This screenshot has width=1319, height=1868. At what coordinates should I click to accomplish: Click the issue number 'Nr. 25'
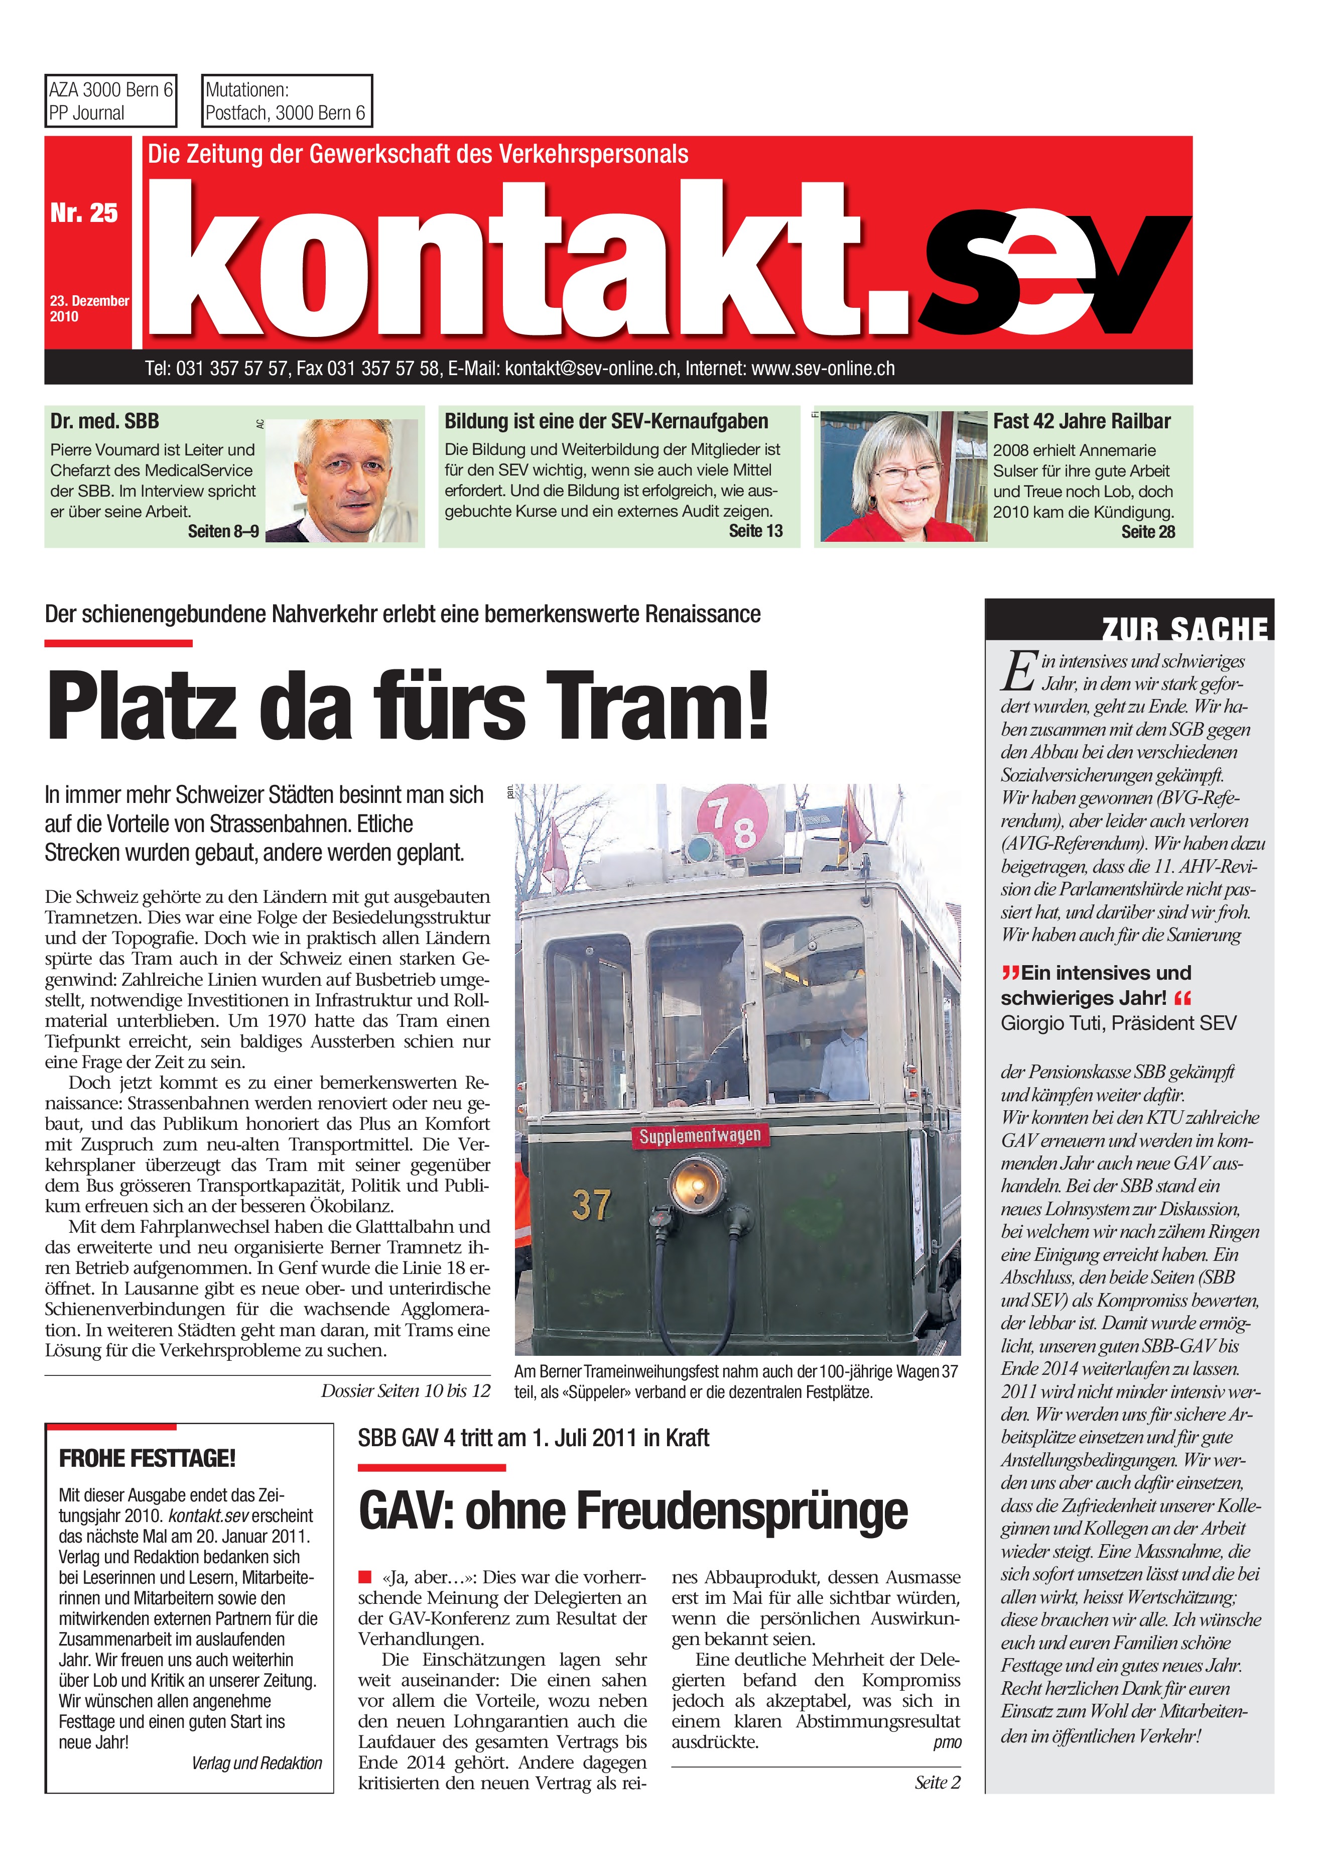click(84, 213)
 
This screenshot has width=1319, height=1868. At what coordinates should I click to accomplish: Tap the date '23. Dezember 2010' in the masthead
click(89, 308)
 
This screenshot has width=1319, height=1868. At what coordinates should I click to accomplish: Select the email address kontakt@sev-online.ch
click(590, 369)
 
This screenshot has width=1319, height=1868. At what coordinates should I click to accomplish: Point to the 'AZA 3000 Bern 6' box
click(110, 101)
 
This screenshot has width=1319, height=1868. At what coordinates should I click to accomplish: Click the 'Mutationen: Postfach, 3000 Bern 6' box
click(286, 101)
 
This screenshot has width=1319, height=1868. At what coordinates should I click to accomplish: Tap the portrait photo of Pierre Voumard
click(341, 480)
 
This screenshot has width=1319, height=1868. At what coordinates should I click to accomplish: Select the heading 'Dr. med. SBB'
click(105, 421)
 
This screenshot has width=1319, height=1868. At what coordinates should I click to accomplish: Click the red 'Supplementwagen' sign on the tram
click(699, 1136)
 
